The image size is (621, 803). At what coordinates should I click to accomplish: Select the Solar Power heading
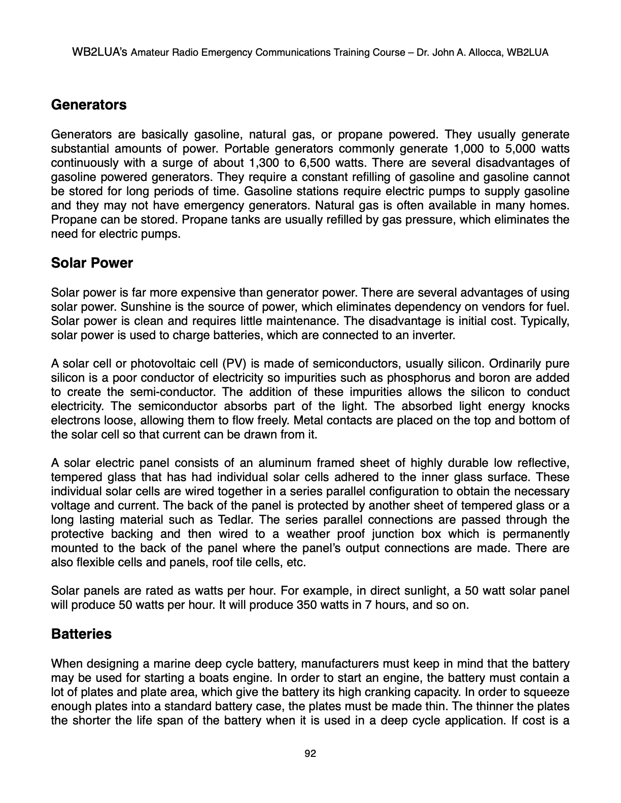[x=92, y=263]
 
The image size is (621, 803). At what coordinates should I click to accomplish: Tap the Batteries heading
[x=81, y=634]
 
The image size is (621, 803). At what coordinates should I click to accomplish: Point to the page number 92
[x=310, y=754]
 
